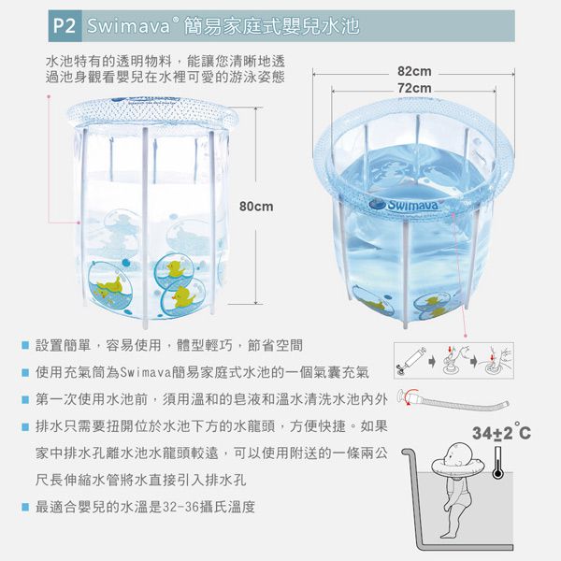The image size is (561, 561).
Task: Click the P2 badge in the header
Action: [x=62, y=25]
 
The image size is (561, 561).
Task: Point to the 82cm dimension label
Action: [x=413, y=72]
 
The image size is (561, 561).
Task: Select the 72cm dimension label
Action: [x=413, y=87]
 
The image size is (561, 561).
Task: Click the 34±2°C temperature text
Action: [x=501, y=434]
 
